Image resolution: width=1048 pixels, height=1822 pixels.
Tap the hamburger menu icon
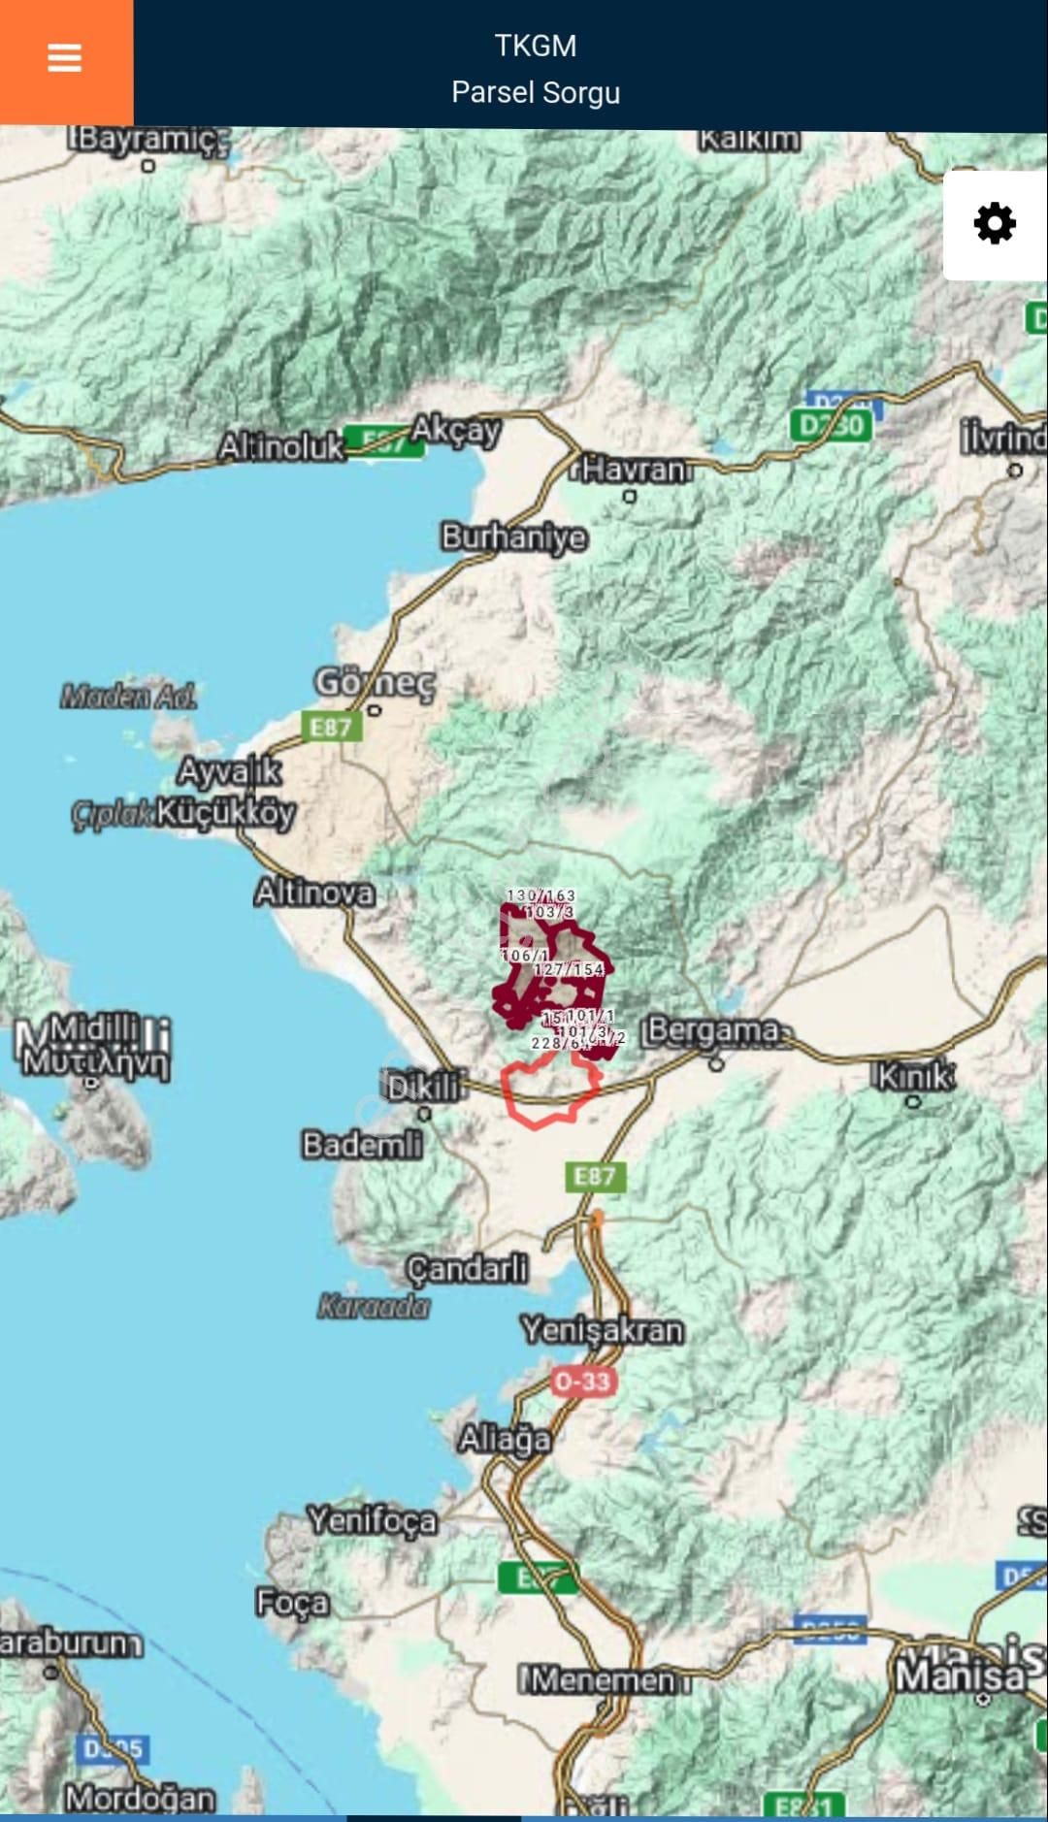click(65, 59)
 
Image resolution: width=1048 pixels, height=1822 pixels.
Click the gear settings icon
click(995, 224)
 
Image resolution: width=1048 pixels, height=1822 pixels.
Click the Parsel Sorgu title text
click(536, 93)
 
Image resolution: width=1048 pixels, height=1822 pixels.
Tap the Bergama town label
click(713, 1030)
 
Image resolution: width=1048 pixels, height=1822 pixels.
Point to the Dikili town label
click(423, 1087)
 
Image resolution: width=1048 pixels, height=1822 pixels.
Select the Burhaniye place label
click(514, 537)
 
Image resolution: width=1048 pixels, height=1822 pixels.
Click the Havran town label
click(636, 470)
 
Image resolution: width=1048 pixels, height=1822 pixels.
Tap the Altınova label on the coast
click(314, 892)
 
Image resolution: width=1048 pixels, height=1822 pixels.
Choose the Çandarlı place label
click(468, 1268)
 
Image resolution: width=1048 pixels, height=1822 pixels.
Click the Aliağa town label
click(505, 1438)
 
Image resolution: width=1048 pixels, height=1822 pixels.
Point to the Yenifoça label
click(373, 1519)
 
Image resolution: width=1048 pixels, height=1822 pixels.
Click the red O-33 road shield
click(582, 1381)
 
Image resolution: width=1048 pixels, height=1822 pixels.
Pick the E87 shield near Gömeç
click(331, 727)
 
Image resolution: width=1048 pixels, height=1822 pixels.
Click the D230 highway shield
click(831, 425)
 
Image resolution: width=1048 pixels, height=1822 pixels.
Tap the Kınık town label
click(915, 1076)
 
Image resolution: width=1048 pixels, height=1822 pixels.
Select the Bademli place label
click(363, 1145)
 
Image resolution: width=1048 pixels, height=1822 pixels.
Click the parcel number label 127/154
click(569, 969)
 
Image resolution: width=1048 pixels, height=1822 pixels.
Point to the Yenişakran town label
click(603, 1329)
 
